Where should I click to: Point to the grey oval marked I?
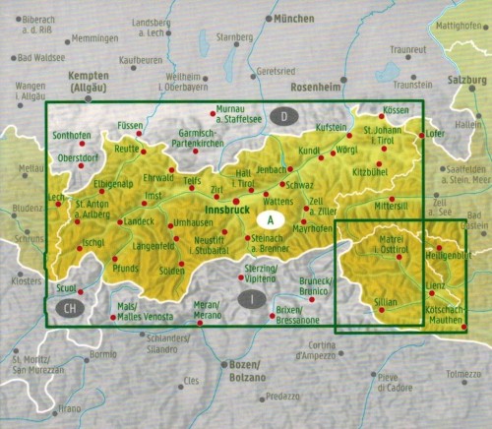pyautogui.click(x=253, y=297)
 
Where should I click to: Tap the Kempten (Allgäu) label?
pyautogui.click(x=88, y=82)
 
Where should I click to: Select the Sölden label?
pyautogui.click(x=173, y=269)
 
